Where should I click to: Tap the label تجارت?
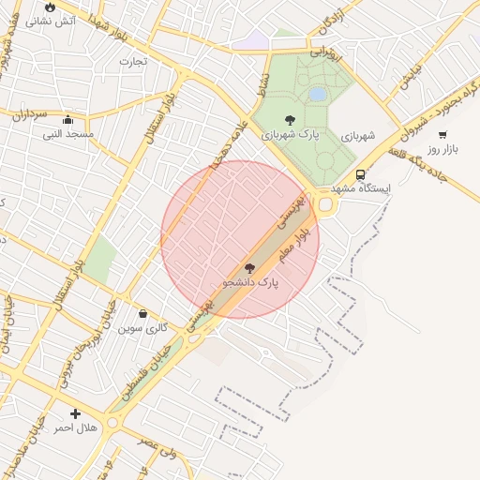pyautogui.click(x=132, y=62)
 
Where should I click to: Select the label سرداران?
pyautogui.click(x=29, y=116)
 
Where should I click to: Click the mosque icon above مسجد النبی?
pyautogui.click(x=67, y=120)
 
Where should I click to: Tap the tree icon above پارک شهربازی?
pyautogui.click(x=289, y=119)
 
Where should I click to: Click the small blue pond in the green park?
pyautogui.click(x=318, y=95)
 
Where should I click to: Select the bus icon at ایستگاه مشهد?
pyautogui.click(x=361, y=174)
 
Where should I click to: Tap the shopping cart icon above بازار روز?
pyautogui.click(x=442, y=134)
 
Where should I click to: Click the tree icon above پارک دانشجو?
pyautogui.click(x=249, y=268)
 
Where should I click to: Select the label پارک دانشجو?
pyautogui.click(x=251, y=281)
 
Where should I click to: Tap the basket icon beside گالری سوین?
pyautogui.click(x=142, y=314)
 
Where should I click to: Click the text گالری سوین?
pyautogui.click(x=149, y=328)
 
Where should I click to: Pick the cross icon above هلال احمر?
pyautogui.click(x=75, y=413)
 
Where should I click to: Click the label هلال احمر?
pyautogui.click(x=75, y=427)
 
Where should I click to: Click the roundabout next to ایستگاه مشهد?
pyautogui.click(x=326, y=204)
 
